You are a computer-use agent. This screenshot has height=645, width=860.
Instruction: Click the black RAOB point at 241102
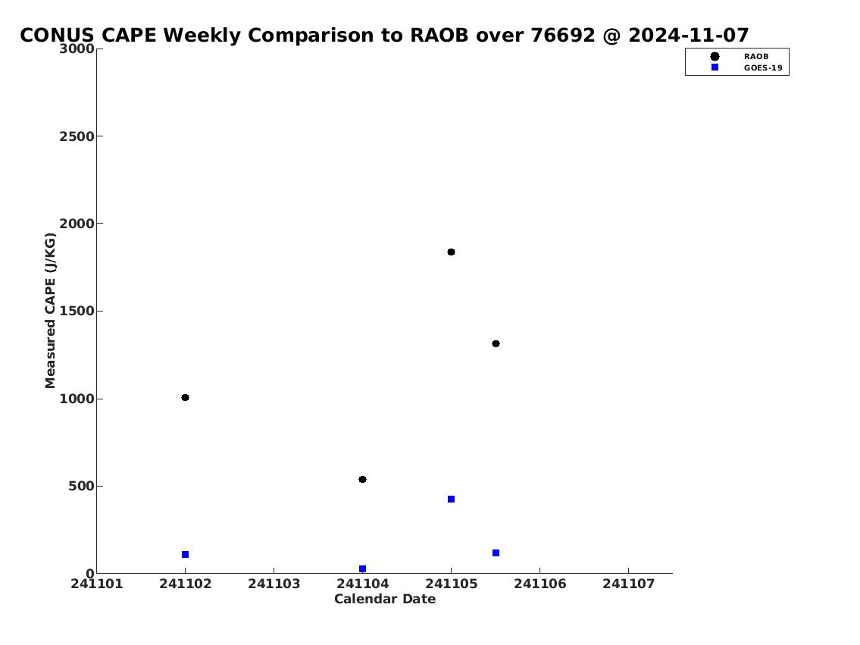[x=186, y=398]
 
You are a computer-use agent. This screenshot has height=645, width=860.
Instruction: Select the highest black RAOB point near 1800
[x=452, y=252]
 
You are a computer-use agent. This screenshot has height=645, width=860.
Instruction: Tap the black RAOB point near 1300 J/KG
[x=496, y=344]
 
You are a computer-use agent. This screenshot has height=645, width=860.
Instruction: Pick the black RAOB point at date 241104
[x=362, y=479]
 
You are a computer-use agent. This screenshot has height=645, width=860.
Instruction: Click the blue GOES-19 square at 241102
[x=186, y=555]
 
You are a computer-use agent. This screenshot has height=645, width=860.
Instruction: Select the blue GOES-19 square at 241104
[x=362, y=568]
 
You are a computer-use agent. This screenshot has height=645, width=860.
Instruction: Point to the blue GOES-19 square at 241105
[x=452, y=499]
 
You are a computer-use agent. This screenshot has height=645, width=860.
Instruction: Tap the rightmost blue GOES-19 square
[x=496, y=553]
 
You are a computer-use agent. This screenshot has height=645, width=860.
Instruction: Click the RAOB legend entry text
[x=756, y=57]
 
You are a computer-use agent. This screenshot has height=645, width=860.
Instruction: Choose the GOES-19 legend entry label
[x=763, y=68]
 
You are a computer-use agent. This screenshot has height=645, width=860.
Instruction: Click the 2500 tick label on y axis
[x=77, y=136]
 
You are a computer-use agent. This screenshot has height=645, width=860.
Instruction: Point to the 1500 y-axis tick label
[x=77, y=312]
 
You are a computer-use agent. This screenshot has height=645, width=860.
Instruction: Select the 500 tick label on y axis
[x=82, y=487]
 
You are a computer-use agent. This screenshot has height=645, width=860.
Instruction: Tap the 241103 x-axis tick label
[x=274, y=584]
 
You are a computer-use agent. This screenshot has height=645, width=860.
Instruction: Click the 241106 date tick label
[x=540, y=584]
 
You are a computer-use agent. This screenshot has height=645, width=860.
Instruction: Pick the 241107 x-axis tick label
[x=629, y=584]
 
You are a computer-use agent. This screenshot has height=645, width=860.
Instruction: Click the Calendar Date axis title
[x=385, y=599]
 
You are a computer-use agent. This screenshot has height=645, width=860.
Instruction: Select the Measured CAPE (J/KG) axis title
[x=51, y=311]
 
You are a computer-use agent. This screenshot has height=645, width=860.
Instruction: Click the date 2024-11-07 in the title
[x=688, y=35]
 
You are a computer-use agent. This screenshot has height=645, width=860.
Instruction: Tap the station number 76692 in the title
[x=563, y=35]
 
